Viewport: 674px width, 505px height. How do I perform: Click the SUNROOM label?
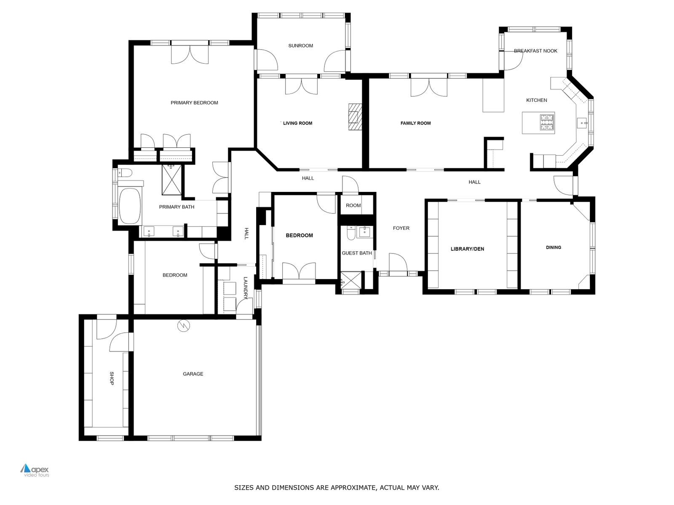click(300, 46)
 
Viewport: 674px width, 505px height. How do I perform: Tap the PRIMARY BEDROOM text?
click(194, 103)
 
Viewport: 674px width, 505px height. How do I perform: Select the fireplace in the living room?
click(355, 117)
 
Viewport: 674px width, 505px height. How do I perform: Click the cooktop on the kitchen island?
click(548, 122)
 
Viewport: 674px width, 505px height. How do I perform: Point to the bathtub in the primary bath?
click(130, 206)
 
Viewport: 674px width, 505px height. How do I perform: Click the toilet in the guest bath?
click(350, 233)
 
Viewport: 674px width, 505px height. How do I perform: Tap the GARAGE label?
click(193, 374)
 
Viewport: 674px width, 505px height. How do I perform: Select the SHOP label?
click(112, 378)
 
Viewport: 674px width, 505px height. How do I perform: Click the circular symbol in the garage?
click(184, 326)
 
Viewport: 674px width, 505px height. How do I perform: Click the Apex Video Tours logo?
click(35, 470)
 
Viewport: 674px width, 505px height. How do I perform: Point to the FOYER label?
click(401, 228)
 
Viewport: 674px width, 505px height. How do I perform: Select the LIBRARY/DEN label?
click(467, 249)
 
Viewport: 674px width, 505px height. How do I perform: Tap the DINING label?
click(554, 247)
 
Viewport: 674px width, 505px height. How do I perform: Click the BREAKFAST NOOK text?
click(535, 51)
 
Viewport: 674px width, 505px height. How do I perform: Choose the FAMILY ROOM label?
click(415, 123)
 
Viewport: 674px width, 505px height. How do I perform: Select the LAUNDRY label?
click(245, 288)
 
